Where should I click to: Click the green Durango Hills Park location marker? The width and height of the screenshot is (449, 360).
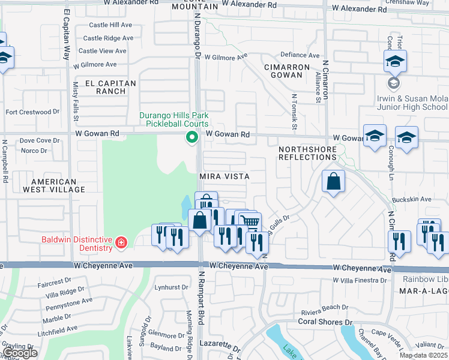pyautogui.click(x=192, y=138)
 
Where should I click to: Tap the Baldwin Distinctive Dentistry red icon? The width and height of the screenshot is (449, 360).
pyautogui.click(x=121, y=243)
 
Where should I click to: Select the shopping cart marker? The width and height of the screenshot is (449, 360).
pyautogui.click(x=250, y=222)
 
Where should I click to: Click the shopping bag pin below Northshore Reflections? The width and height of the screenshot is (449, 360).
pyautogui.click(x=333, y=181)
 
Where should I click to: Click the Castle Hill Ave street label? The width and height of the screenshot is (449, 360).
pyautogui.click(x=110, y=25)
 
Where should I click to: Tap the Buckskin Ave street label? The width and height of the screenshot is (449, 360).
pyautogui.click(x=411, y=199)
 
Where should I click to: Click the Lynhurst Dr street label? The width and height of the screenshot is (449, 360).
pyautogui.click(x=172, y=287)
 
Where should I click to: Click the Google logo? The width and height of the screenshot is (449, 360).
pyautogui.click(x=20, y=353)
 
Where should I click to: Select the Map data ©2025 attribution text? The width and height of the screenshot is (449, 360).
pyautogui.click(x=423, y=355)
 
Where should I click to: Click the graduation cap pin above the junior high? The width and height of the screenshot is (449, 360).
pyautogui.click(x=396, y=61)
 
